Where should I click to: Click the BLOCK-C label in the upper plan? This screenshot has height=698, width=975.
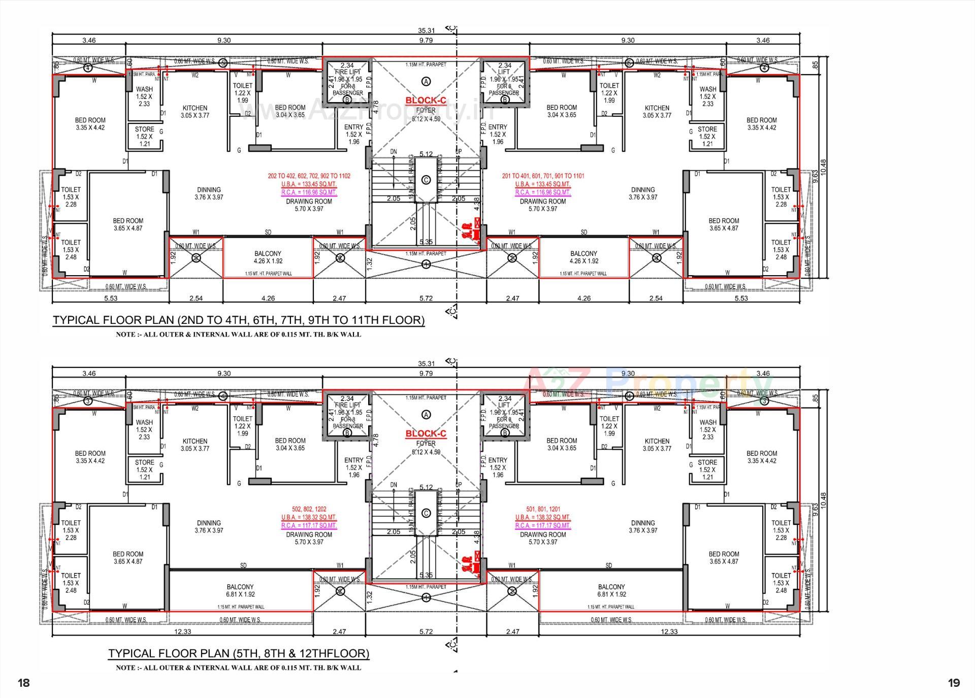tap(426, 101)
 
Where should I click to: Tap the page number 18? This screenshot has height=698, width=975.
tap(24, 683)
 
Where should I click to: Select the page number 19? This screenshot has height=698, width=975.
tap(954, 683)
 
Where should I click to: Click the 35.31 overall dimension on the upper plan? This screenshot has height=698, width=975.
tap(426, 30)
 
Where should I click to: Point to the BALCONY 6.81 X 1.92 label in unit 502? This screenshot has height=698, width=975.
tap(240, 590)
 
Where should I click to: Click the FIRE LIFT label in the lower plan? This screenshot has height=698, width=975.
tap(347, 405)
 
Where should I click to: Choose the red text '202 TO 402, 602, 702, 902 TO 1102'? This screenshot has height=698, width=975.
tap(309, 176)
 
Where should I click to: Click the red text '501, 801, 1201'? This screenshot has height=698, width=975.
tap(543, 509)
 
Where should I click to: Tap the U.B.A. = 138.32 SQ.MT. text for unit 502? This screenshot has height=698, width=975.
tap(309, 517)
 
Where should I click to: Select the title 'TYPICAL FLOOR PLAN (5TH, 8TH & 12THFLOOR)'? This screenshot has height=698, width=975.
tap(239, 653)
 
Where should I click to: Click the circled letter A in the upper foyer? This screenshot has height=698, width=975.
tap(426, 81)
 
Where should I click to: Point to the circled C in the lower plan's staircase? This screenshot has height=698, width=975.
tap(426, 513)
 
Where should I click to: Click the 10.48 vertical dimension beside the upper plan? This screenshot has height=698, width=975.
tap(823, 168)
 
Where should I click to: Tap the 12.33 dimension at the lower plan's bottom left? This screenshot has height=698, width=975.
tap(182, 631)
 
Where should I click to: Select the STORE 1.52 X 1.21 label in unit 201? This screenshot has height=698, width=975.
tap(707, 136)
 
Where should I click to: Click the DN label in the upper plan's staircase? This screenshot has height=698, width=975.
tap(394, 152)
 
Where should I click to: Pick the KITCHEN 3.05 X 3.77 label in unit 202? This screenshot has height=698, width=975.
tap(195, 112)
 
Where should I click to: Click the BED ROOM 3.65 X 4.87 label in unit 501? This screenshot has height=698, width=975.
tap(724, 557)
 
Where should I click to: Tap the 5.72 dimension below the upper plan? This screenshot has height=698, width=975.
tap(426, 298)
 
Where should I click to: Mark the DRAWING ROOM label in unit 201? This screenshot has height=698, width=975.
tap(543, 202)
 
